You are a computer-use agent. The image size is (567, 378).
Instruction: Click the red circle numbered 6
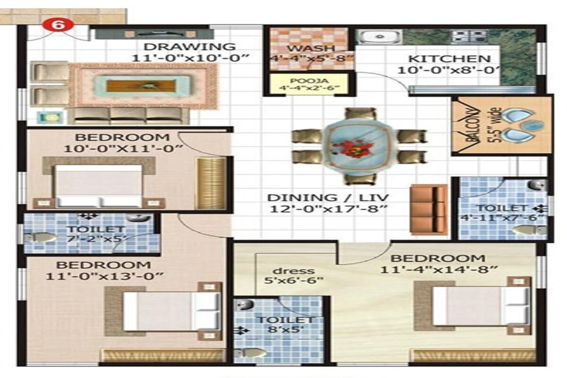click(58, 25)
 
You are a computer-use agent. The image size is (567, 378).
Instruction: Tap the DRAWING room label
click(189, 47)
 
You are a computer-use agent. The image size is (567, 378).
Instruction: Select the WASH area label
click(311, 48)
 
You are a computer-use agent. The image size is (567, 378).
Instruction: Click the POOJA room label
click(309, 81)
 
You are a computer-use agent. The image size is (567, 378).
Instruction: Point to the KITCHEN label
click(449, 59)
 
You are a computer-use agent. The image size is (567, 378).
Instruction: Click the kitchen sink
click(379, 37)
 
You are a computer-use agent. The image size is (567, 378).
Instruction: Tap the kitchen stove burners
click(469, 36)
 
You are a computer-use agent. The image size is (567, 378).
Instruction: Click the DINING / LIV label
click(328, 198)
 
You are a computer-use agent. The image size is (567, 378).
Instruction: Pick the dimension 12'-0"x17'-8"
click(328, 209)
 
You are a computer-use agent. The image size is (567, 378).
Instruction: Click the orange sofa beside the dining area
click(428, 209)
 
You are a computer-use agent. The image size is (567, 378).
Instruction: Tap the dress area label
click(293, 271)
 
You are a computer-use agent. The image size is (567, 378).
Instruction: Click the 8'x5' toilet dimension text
click(285, 329)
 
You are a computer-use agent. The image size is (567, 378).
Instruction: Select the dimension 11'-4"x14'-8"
click(439, 269)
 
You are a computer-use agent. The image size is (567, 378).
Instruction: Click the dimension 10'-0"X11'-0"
click(123, 148)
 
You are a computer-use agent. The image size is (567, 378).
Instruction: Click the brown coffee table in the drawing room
click(141, 86)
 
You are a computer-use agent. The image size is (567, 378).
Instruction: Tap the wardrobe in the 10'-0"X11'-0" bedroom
click(211, 183)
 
